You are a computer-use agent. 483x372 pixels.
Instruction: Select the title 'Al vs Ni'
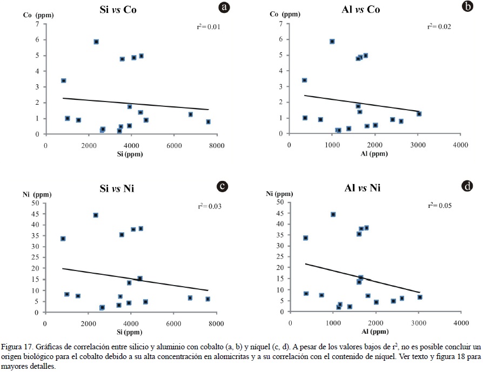(357, 189)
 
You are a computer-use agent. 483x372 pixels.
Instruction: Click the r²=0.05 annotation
(439, 205)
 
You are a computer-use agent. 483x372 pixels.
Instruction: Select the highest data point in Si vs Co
(96, 42)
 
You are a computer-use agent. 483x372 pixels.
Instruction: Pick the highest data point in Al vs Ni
(333, 214)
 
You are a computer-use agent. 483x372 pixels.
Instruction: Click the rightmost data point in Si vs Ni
(207, 299)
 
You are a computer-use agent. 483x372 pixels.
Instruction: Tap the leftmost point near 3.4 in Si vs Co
(64, 80)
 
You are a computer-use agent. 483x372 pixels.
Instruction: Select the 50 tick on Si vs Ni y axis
(36, 202)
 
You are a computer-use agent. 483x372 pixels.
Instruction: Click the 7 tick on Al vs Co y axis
(281, 24)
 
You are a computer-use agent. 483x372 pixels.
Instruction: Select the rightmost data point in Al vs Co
(419, 114)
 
